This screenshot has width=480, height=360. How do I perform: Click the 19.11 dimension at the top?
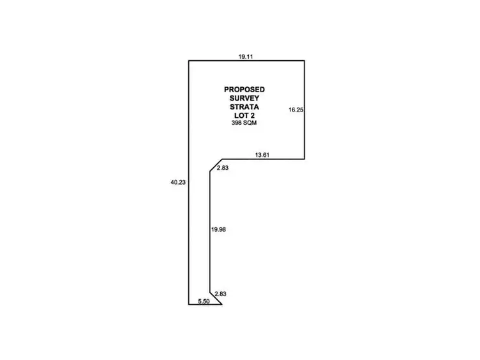point(244,56)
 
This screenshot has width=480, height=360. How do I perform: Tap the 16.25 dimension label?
point(296,110)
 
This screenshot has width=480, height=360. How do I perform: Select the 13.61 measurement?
point(262,154)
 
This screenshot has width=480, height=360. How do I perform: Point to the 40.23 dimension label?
point(178,182)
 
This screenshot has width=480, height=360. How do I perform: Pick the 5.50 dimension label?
point(204,300)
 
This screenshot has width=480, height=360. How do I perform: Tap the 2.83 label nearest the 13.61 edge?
point(222,167)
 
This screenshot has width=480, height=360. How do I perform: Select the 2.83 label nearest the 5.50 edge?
point(219,294)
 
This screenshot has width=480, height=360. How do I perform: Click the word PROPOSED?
point(244,89)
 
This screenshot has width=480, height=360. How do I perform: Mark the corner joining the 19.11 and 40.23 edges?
point(188,61)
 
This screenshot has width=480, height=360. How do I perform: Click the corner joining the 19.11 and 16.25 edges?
point(303,61)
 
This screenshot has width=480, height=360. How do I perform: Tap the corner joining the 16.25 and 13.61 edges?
point(303,159)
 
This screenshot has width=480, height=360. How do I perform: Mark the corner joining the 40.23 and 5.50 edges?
point(188,304)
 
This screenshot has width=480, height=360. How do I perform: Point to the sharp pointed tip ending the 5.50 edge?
point(222,304)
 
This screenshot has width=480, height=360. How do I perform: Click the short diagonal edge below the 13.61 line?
point(216,165)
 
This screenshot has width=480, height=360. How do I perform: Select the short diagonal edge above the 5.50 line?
point(216,298)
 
